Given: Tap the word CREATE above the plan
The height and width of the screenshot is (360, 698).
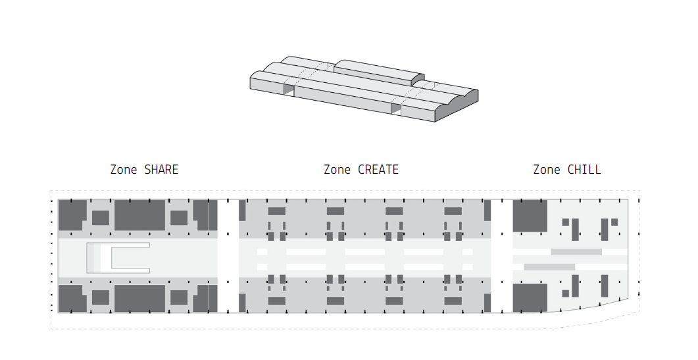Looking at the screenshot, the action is pos(378,170).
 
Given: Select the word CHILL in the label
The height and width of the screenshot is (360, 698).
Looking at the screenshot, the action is pos(584,170).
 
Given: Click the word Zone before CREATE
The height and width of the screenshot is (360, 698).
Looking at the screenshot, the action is pos(337,170).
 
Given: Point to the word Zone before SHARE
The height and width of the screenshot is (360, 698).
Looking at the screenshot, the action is pos(124,170).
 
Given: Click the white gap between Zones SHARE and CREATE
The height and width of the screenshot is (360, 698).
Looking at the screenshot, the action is pos(228,256).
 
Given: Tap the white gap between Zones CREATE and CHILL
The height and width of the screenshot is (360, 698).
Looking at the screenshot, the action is pos(502,256).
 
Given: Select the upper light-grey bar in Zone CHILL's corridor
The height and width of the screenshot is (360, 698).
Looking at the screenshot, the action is pos(576,251).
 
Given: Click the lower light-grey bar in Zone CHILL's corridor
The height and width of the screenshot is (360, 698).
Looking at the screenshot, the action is pos(549,267).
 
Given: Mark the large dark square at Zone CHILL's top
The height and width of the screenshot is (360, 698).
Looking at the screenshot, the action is pos(530,216).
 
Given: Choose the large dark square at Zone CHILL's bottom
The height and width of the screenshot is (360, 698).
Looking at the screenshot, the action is pos(530,298).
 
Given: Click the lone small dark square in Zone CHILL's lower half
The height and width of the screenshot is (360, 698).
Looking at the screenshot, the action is pos(565,294).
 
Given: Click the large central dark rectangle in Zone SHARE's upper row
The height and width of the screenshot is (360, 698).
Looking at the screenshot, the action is pos(139,215).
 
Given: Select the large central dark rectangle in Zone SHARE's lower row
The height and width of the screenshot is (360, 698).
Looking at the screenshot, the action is pos(139,298).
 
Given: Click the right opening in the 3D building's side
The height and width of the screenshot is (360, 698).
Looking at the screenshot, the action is pos(396,109).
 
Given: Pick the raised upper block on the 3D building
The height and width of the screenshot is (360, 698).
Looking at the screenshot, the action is pos(378,72).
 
